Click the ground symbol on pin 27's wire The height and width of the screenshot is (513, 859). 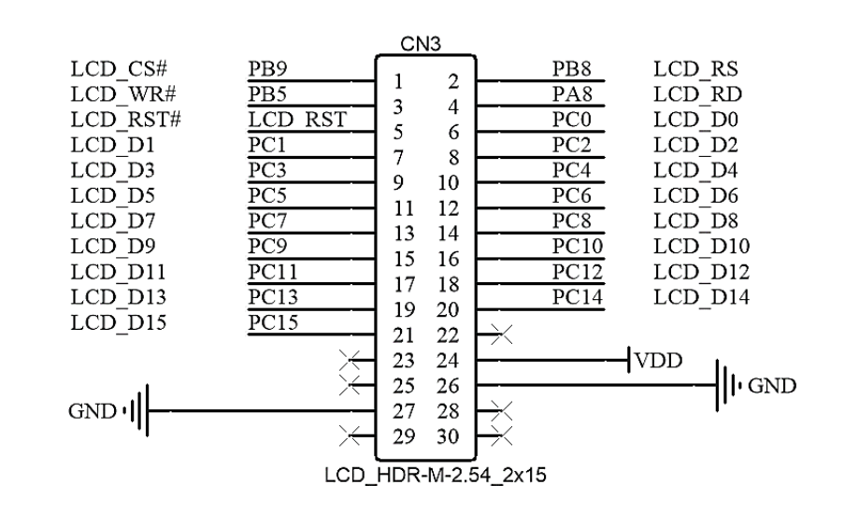click(x=137, y=409)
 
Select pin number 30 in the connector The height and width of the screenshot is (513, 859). click(x=450, y=435)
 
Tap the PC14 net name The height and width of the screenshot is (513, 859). click(x=575, y=297)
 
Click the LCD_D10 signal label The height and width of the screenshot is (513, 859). click(x=703, y=247)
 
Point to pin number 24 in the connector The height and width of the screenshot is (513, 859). click(x=450, y=359)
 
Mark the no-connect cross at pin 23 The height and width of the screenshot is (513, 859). click(x=351, y=359)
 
